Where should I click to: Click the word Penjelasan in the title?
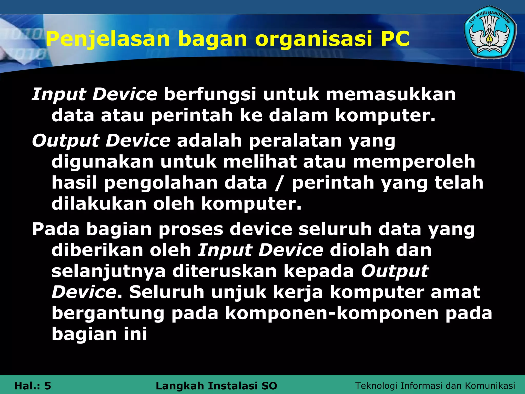point(108,39)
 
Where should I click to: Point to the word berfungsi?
point(210,95)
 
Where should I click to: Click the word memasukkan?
point(391,94)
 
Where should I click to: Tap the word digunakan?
point(103,162)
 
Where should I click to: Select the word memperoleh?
point(414,162)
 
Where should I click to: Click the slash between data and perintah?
point(279,183)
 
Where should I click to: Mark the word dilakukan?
point(99,204)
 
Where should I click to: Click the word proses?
point(191,229)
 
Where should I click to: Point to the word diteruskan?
point(225,271)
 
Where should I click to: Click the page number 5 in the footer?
point(48,386)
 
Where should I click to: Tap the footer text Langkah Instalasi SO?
point(216,386)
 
